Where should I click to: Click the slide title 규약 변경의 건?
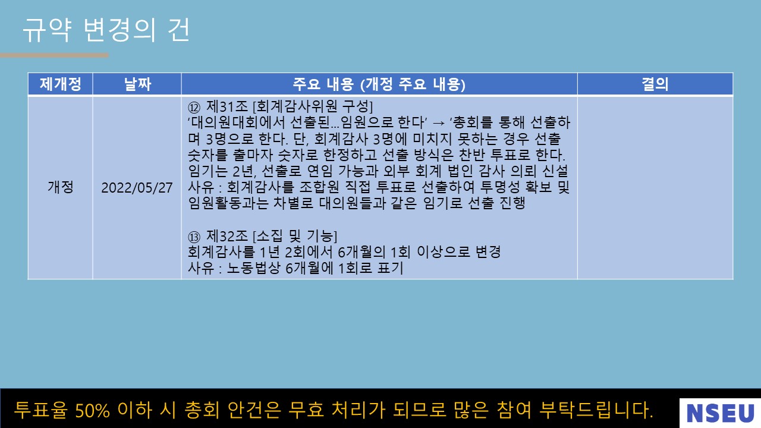pyautogui.click(x=106, y=30)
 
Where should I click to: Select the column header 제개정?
pyautogui.click(x=61, y=84)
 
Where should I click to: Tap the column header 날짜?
pyautogui.click(x=137, y=84)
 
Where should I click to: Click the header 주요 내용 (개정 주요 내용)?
pyautogui.click(x=379, y=84)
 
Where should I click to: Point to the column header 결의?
pyautogui.click(x=655, y=84)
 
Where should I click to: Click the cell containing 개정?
pyautogui.click(x=61, y=187)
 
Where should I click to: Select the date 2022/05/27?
pyautogui.click(x=137, y=187)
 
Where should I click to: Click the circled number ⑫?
pyautogui.click(x=194, y=108)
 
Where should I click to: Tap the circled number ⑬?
pyautogui.click(x=194, y=237)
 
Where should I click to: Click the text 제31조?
pyautogui.click(x=227, y=106)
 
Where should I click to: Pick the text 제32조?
pyautogui.click(x=227, y=235)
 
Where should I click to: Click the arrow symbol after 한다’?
pyautogui.click(x=439, y=123)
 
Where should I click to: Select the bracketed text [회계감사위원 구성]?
pyautogui.click(x=313, y=106)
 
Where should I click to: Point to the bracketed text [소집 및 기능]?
pyautogui.click(x=295, y=235)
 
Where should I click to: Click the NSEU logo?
pyautogui.click(x=720, y=413)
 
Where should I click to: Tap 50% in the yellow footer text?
pyautogui.click(x=92, y=410)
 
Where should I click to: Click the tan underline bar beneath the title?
pyautogui.click(x=54, y=55)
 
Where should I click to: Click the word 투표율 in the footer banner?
pyautogui.click(x=41, y=410)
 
